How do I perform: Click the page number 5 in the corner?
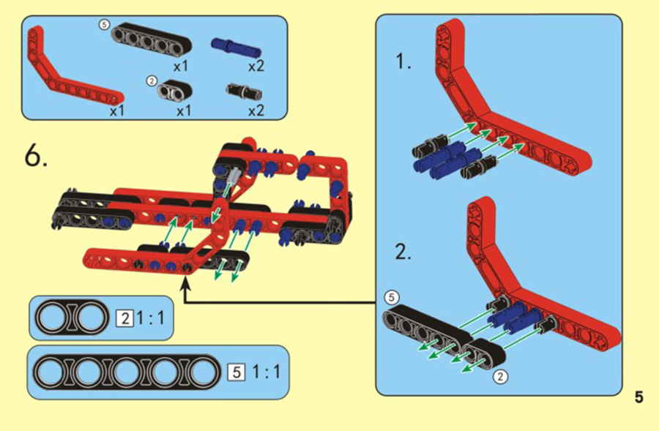pos(638,397)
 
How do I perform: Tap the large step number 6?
pos(36,155)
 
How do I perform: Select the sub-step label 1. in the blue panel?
pos(403,61)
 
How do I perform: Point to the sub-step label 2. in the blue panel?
pos(403,252)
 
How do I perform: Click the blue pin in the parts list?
pos(237,47)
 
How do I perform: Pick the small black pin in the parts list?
pos(244,91)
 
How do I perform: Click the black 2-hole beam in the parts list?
pos(175,89)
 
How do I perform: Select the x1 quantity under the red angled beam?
pos(117,111)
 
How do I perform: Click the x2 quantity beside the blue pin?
pos(256,66)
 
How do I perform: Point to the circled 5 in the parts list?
pos(104,25)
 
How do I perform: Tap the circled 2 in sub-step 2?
pos(500,376)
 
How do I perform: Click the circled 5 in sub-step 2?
pos(391,297)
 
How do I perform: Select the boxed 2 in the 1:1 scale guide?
pos(124,319)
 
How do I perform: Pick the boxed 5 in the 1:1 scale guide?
pos(237,372)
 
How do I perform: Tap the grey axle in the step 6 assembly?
pos(234,176)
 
